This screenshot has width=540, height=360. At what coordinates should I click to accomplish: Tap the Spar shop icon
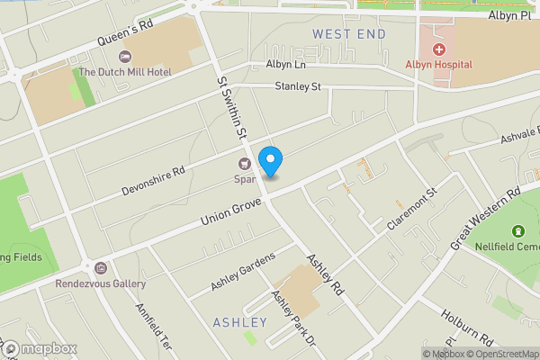pos(243,164)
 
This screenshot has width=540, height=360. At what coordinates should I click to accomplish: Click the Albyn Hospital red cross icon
pos(439,49)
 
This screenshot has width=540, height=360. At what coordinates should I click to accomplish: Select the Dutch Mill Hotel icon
pos(124,57)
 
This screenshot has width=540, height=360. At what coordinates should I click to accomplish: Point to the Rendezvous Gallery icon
pos(100,268)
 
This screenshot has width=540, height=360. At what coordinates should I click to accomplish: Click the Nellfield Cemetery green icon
pos(517,233)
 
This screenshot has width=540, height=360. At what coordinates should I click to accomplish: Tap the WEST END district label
pos(349,34)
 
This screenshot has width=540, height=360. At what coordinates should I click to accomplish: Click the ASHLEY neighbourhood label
pos(240,322)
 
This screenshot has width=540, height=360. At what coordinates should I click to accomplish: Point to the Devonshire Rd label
pos(154,181)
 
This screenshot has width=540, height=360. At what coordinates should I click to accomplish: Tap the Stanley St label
pos(298,87)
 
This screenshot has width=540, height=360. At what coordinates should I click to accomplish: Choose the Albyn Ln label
pos(287,65)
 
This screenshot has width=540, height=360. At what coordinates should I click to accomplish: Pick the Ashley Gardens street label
pos(242,271)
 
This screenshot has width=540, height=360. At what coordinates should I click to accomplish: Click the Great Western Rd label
pos(486,218)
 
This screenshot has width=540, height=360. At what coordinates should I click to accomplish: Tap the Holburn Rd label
pos(468,326)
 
